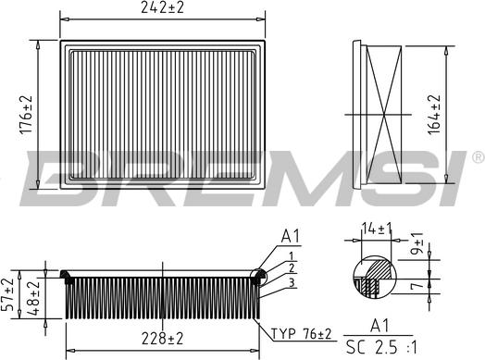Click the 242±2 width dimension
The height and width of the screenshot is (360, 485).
point(162,7)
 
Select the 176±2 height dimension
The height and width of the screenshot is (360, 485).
point(26,115)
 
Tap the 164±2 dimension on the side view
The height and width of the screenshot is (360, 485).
point(434,115)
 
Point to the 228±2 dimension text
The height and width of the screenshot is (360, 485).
point(162,339)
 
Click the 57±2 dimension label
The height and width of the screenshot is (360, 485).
point(7,294)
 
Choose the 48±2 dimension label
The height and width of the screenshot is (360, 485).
point(33,298)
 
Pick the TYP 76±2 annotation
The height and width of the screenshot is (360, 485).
point(301,334)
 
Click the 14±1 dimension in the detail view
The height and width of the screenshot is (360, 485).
point(377,230)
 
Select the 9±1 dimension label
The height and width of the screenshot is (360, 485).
point(418,243)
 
